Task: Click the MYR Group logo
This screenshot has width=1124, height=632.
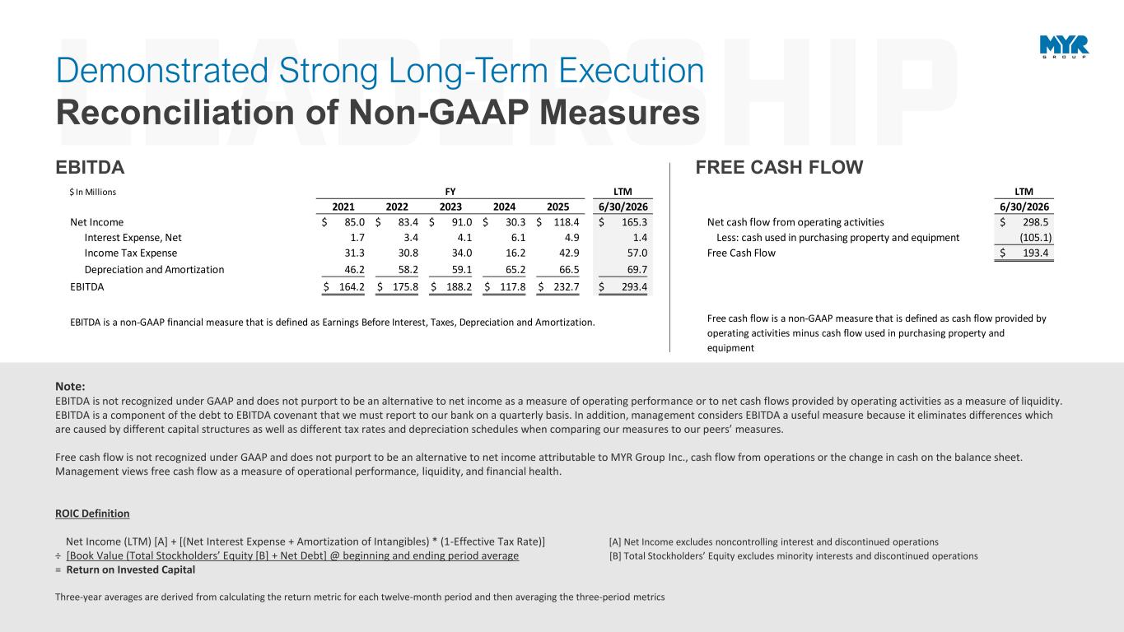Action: pos(1064,47)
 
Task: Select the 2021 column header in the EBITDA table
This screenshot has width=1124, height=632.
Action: pos(343,207)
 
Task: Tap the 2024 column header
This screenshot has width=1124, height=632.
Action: pos(504,207)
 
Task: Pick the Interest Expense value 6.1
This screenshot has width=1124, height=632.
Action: pos(518,238)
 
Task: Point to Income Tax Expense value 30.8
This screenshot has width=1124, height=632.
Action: pos(408,253)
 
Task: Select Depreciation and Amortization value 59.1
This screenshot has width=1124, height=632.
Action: pos(462,270)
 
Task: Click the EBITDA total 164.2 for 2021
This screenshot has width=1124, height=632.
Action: pos(352,287)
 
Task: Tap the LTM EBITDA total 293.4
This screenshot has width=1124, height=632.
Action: pos(634,287)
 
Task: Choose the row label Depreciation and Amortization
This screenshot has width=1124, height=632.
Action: pos(154,270)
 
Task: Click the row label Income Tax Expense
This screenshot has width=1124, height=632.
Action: pos(130,253)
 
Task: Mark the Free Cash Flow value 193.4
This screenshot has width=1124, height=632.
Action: pos(1036,253)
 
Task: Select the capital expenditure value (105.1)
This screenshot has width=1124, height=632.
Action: pos(1035,238)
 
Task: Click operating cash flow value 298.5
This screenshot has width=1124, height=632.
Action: pos(1036,222)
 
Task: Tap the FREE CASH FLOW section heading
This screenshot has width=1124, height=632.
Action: pos(779,168)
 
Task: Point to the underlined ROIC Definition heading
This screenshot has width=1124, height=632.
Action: pos(92,513)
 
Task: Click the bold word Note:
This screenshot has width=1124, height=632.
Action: pos(70,386)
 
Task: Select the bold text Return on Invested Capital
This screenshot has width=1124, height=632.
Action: pos(130,569)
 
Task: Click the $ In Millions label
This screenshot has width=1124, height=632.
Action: pos(93,192)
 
